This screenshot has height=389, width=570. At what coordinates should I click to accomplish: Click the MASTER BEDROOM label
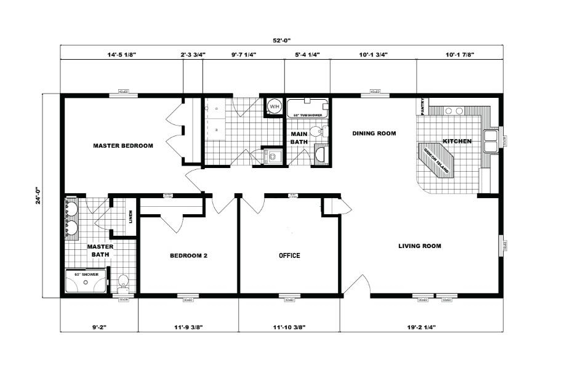point(122,146)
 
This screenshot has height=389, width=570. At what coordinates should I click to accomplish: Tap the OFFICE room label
point(289,255)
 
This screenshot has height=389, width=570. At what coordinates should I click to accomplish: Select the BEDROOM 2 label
point(188,255)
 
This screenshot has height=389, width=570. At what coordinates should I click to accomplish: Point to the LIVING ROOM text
point(420,246)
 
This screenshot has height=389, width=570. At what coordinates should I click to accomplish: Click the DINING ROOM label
point(374,133)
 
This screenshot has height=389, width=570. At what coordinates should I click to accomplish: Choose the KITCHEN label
point(457,142)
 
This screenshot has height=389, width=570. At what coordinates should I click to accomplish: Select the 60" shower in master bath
point(86,281)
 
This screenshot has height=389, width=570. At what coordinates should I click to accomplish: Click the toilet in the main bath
point(316,131)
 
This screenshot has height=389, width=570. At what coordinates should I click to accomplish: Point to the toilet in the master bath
point(122,283)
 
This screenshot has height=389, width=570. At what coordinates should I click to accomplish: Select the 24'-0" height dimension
point(38,196)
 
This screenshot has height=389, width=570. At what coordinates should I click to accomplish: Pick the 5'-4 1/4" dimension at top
point(306,55)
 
